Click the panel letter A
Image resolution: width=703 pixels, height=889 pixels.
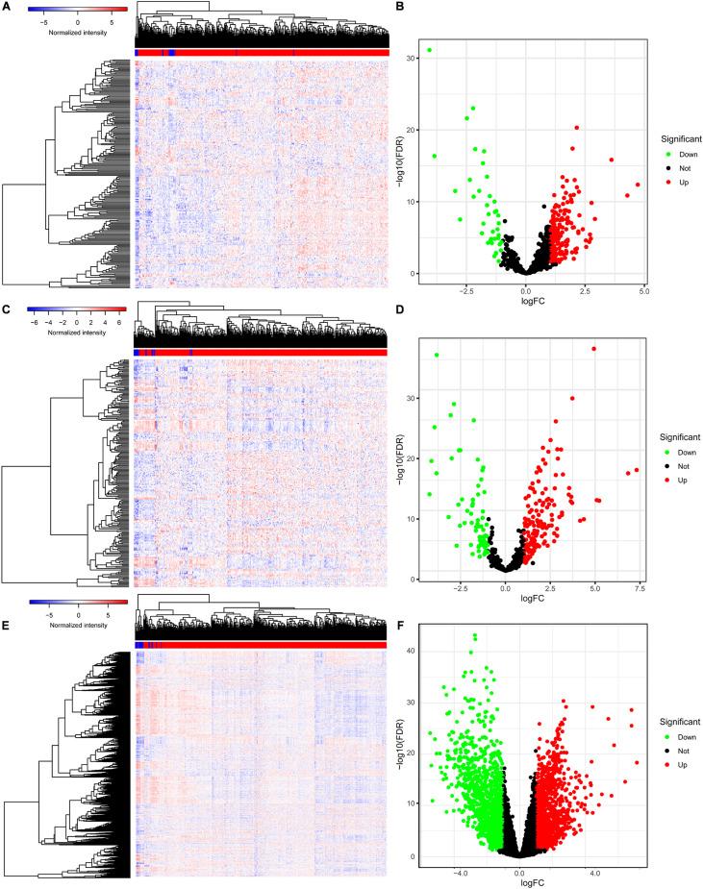click(6, 6)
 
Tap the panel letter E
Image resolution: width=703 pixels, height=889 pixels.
click(6, 606)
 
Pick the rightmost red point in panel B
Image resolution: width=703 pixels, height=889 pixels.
click(637, 185)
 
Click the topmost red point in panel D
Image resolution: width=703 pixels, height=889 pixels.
click(593, 349)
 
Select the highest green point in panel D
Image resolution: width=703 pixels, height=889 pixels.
click(437, 355)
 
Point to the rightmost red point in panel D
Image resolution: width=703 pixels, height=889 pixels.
click(636, 470)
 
